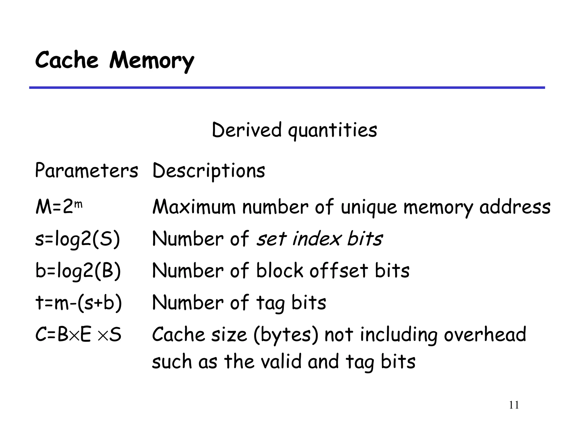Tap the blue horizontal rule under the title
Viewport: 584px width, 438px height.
click(287, 88)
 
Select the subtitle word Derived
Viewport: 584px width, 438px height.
click(247, 130)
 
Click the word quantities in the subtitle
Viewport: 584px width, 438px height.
click(332, 131)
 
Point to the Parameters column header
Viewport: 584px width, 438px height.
click(86, 171)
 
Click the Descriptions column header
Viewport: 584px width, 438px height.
click(209, 171)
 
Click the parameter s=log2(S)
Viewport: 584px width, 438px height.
click(78, 239)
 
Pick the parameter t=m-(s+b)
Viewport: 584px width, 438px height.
click(79, 303)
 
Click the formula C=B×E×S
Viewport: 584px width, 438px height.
click(78, 334)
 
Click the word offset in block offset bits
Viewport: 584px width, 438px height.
click(339, 270)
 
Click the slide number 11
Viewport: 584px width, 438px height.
click(514, 405)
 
